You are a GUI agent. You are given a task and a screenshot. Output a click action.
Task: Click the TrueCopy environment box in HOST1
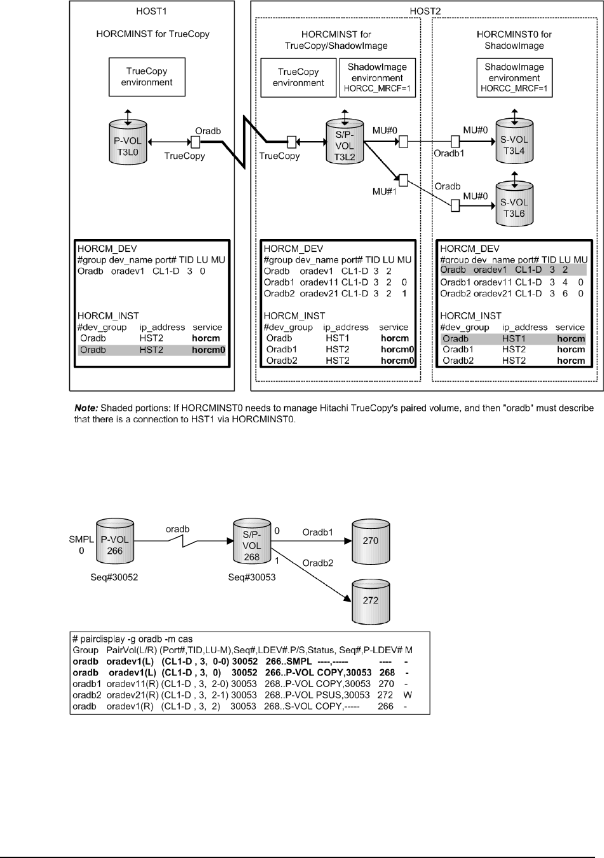tap(146, 77)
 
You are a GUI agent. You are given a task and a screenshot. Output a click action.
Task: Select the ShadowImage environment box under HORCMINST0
tap(514, 78)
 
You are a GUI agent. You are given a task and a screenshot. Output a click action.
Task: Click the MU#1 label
tap(385, 191)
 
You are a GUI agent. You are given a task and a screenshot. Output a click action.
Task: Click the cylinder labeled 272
tap(370, 600)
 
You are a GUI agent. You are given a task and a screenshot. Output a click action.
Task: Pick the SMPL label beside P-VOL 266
tap(81, 539)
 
